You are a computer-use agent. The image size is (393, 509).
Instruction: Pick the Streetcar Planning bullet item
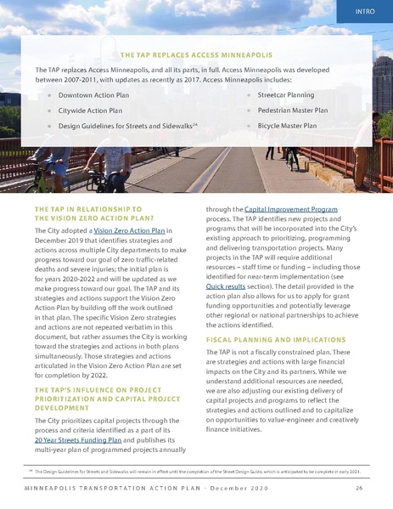286,95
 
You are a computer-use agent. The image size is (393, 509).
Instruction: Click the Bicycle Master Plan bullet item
287,125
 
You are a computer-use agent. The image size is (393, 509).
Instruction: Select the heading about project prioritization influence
98,398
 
